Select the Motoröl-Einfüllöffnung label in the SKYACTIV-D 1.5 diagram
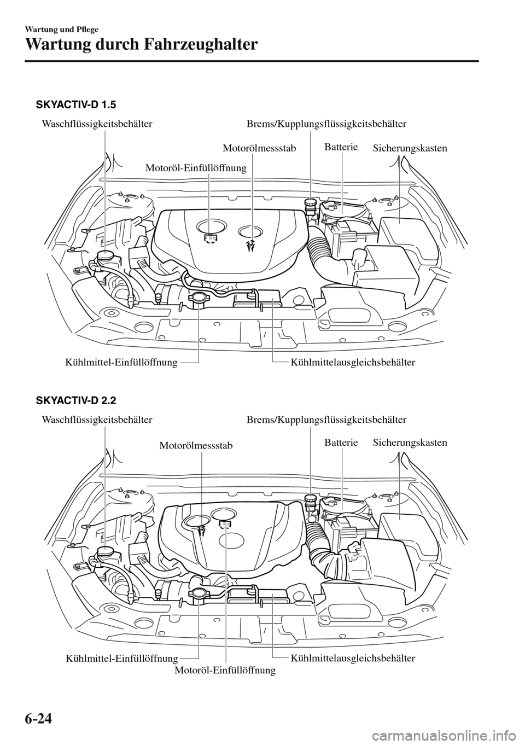pos(196,168)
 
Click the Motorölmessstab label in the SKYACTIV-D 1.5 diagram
pos(260,148)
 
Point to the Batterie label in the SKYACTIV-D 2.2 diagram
pos(341,443)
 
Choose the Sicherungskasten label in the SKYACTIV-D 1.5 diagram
pos(410,148)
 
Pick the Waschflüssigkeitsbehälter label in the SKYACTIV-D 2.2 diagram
pos(96,420)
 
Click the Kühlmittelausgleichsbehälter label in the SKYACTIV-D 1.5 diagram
pos(353,362)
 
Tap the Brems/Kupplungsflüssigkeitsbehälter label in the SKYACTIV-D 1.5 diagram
pos(326,124)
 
